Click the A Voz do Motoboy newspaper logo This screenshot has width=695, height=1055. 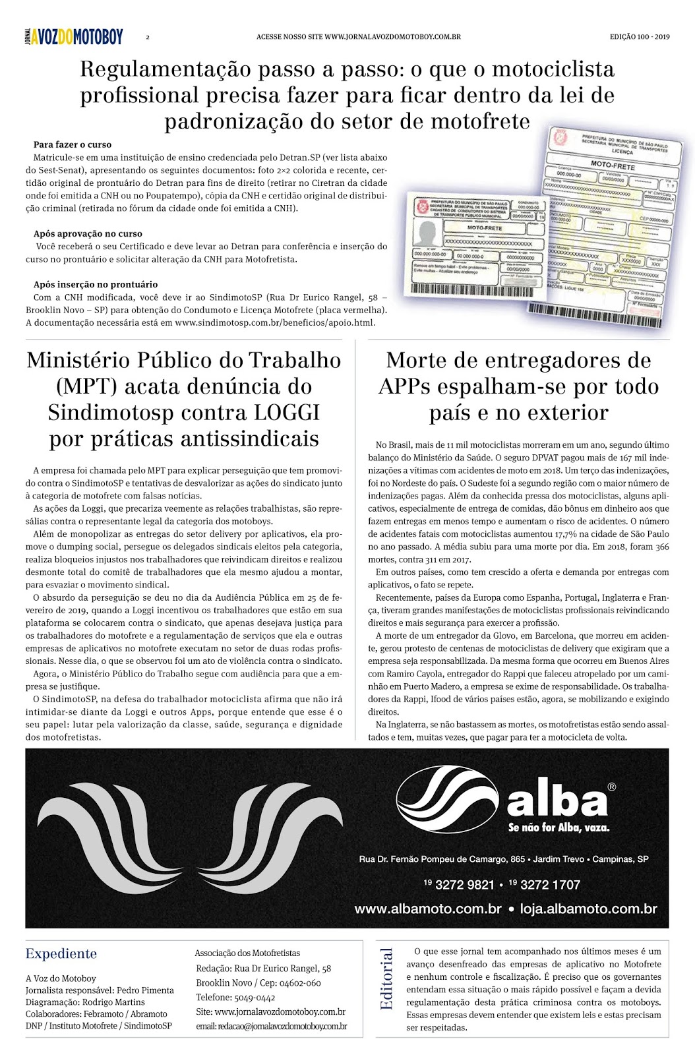[74, 37]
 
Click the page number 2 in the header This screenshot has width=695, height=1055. [148, 38]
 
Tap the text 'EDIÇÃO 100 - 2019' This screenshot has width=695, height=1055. [639, 37]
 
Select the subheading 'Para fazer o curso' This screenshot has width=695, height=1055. [73, 144]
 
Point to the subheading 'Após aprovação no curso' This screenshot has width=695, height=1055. [88, 233]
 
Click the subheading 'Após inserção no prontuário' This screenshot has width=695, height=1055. [96, 284]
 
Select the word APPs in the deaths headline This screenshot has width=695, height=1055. [411, 386]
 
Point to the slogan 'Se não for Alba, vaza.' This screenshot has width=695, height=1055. [559, 828]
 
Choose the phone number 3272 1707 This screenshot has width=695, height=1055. [550, 885]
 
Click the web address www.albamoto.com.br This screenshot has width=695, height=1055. [428, 909]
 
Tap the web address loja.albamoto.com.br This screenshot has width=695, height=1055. [588, 909]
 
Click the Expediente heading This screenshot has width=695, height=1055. [61, 953]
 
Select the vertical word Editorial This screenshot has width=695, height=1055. [386, 979]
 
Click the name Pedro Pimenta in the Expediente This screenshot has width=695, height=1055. [146, 990]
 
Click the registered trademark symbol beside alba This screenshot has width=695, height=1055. [611, 787]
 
